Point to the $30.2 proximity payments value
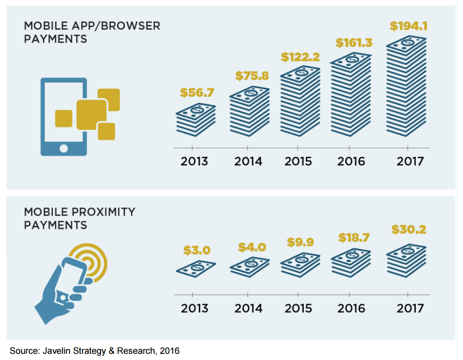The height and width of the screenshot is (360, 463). (409, 230)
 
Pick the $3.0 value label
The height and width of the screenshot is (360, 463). (196, 250)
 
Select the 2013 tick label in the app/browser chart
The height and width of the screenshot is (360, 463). (195, 161)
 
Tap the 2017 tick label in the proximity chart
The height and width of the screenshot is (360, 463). (410, 309)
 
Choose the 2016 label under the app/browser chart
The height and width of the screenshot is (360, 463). (351, 161)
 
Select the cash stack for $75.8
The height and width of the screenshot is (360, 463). (249, 112)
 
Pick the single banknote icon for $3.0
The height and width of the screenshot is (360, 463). (195, 268)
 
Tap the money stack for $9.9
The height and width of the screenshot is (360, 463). (300, 265)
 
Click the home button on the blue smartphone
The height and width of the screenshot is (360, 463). (63, 148)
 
